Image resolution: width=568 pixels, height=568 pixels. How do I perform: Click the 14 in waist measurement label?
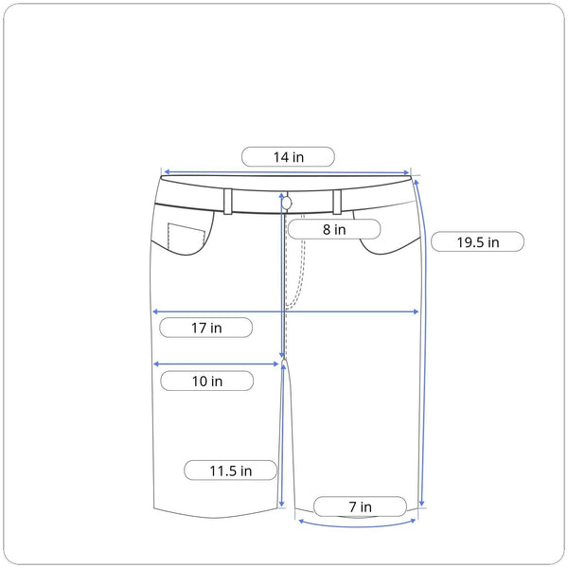[288, 157]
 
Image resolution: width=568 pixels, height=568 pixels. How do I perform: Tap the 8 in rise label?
[334, 229]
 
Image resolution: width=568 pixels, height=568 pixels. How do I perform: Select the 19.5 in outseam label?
[477, 241]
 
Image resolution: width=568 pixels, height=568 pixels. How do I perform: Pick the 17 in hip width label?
[206, 328]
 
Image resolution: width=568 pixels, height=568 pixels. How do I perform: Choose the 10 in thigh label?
[206, 381]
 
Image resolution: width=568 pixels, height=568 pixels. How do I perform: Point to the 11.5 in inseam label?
[230, 470]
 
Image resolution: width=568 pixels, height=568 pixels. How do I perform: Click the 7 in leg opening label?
[360, 506]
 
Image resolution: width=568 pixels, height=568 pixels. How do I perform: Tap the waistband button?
[287, 204]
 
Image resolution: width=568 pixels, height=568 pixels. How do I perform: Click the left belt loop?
[228, 202]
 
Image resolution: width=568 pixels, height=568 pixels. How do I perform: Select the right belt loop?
[337, 202]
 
